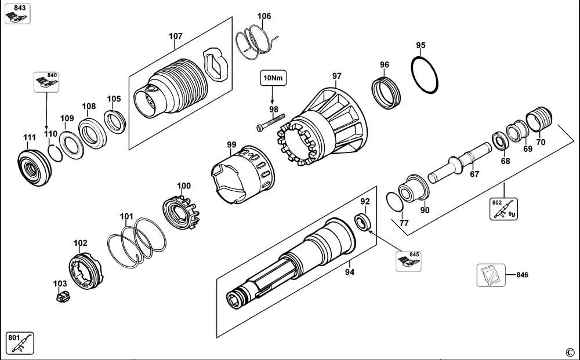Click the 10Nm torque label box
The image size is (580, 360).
(x=273, y=77)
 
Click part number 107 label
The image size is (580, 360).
(x=176, y=37)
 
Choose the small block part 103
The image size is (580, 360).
(x=62, y=297)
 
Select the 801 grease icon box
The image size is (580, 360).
(x=20, y=343)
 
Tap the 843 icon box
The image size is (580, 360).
(x=17, y=13)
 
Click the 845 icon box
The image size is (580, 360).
(x=409, y=261)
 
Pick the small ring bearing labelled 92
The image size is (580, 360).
(x=362, y=221)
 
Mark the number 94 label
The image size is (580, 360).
(x=350, y=271)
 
